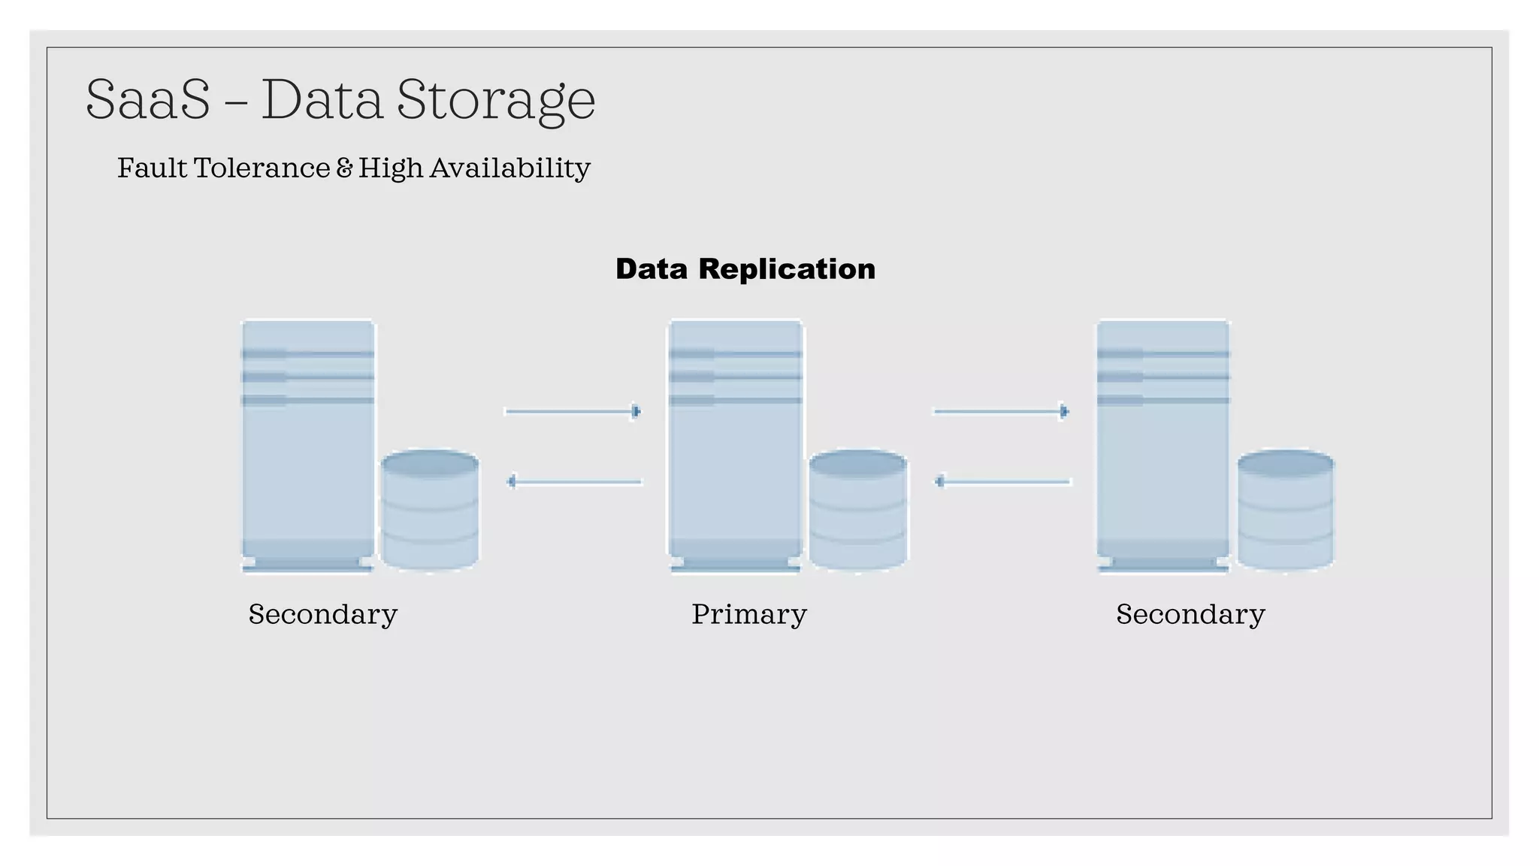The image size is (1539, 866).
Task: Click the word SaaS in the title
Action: pyautogui.click(x=148, y=100)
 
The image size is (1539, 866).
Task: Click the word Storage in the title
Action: pyautogui.click(x=496, y=100)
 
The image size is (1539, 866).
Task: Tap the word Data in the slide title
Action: pyautogui.click(x=322, y=100)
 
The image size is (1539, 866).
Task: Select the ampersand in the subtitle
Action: pyautogui.click(x=344, y=168)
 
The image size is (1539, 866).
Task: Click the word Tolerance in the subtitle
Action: pyautogui.click(x=262, y=168)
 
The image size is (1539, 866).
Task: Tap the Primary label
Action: pyautogui.click(x=748, y=614)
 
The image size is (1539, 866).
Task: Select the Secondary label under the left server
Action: pyautogui.click(x=322, y=614)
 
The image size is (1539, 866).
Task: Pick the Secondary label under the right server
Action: pyautogui.click(x=1190, y=614)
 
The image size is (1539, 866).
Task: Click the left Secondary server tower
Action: pyautogui.click(x=307, y=444)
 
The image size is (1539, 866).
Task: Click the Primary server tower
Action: pyautogui.click(x=735, y=444)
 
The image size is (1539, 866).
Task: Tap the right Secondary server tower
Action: pyautogui.click(x=1163, y=444)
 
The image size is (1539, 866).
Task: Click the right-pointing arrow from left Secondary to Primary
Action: pyautogui.click(x=573, y=411)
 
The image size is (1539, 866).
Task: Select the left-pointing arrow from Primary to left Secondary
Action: pyautogui.click(x=574, y=481)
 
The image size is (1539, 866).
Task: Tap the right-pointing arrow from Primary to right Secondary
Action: pyautogui.click(x=1001, y=411)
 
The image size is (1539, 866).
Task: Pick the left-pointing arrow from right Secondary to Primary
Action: pyautogui.click(x=1002, y=481)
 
